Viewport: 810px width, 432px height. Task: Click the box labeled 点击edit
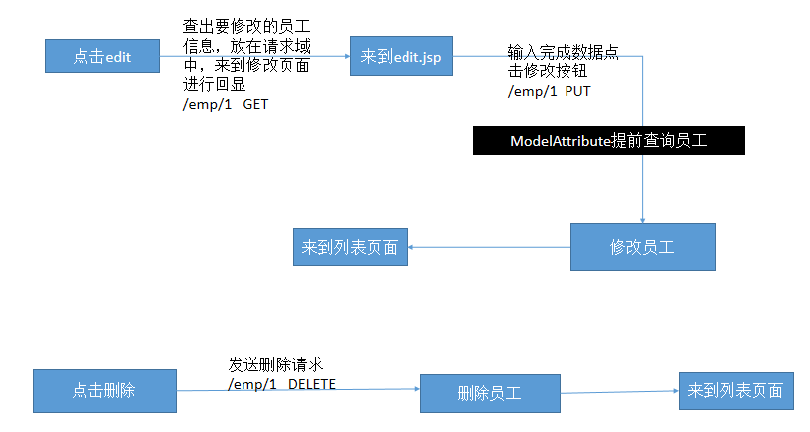click(102, 57)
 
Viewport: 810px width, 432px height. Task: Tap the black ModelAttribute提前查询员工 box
click(608, 141)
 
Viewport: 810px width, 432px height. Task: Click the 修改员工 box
click(642, 247)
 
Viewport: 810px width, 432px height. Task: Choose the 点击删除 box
click(103, 391)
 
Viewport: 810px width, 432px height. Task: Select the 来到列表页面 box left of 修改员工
click(350, 247)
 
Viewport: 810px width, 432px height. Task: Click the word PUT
click(580, 91)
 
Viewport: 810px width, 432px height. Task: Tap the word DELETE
click(312, 383)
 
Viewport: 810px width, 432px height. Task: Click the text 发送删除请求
click(275, 363)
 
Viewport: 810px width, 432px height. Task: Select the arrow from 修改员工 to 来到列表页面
click(491, 248)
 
